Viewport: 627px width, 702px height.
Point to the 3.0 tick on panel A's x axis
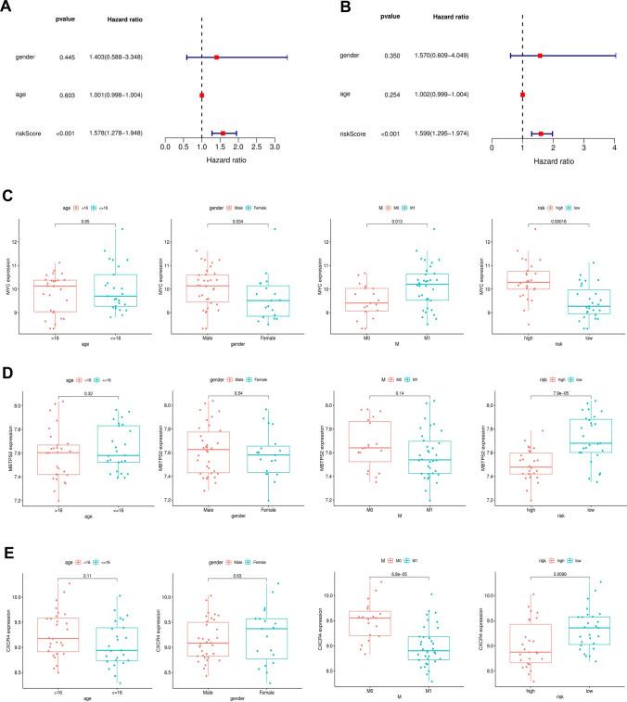274,147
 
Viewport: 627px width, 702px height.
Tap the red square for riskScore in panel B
541,134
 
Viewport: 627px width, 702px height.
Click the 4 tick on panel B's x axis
614,147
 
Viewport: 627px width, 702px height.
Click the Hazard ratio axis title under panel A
219,160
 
